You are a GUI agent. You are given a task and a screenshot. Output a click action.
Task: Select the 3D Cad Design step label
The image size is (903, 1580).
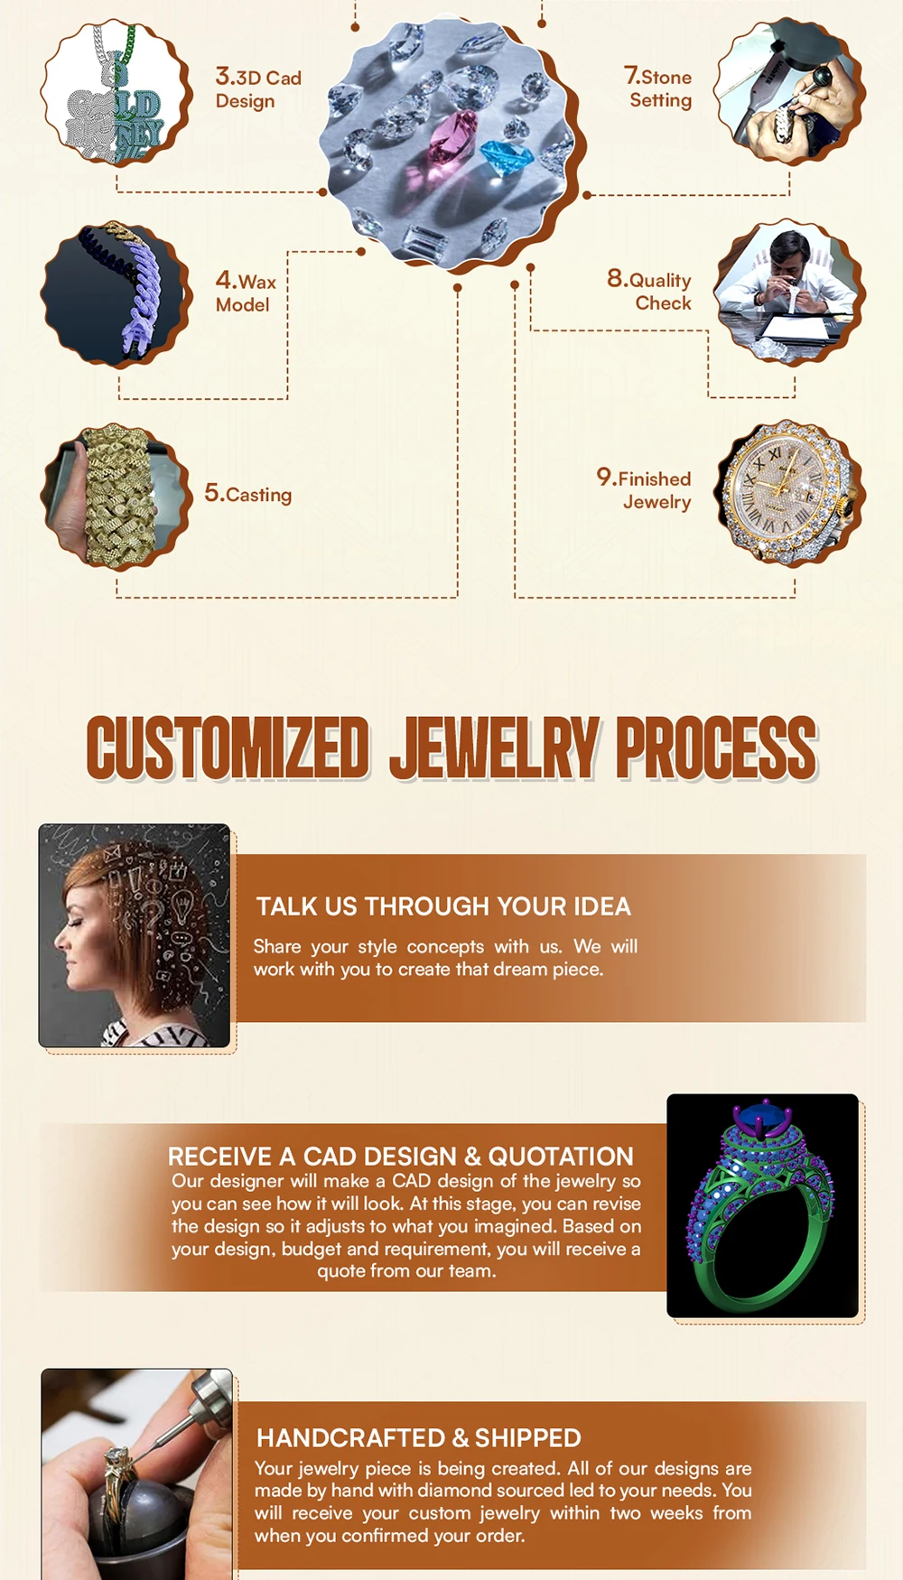[258, 88]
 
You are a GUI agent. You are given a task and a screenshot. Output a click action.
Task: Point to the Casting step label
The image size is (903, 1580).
[248, 493]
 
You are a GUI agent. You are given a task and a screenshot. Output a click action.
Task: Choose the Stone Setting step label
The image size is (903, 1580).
[658, 88]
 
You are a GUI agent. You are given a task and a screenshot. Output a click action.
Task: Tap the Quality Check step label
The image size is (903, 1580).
[649, 290]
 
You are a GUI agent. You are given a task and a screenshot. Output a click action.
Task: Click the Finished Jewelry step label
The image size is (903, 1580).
[644, 488]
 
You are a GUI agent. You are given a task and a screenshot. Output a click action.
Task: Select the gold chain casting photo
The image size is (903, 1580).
[116, 497]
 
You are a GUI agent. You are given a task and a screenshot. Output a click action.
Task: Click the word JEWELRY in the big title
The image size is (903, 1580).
[495, 748]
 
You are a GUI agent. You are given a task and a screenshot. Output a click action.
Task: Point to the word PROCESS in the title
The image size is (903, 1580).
[717, 748]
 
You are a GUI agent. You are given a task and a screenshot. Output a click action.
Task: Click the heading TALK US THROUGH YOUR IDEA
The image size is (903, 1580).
[443, 906]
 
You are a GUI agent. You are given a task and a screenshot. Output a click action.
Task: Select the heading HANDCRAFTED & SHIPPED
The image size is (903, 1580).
[419, 1437]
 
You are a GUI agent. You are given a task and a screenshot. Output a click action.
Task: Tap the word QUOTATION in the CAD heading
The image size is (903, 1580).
[561, 1157]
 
